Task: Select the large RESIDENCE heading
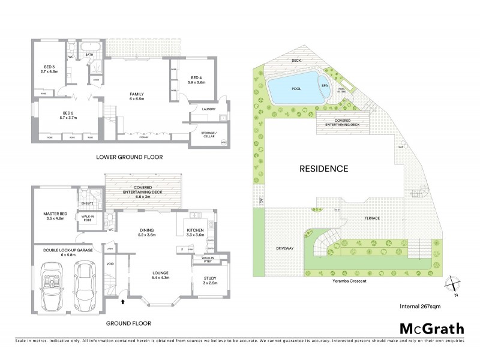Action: click(324, 169)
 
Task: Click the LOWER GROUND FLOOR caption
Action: click(129, 157)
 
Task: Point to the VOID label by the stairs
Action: click(110, 263)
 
